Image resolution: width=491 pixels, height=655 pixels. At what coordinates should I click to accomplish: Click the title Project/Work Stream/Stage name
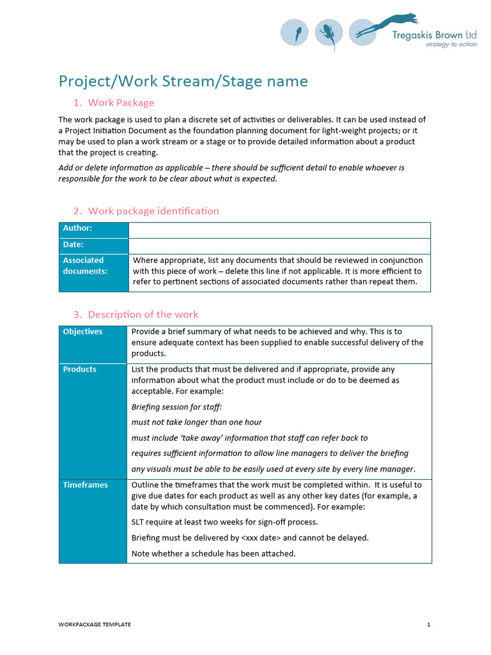click(183, 81)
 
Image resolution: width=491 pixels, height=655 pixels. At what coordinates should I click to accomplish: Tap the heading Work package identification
click(153, 211)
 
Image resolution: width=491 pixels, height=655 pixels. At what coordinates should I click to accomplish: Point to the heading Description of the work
click(143, 315)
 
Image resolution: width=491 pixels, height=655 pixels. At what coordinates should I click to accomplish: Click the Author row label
click(77, 228)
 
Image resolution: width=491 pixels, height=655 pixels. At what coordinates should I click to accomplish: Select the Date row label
click(74, 244)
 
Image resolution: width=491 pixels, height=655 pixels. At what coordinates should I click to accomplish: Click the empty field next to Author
click(279, 230)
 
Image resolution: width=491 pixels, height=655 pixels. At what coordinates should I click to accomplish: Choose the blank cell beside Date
click(279, 246)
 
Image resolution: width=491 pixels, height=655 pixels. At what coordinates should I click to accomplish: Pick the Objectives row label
click(82, 332)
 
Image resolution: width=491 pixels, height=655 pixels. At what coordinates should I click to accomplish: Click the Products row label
click(80, 370)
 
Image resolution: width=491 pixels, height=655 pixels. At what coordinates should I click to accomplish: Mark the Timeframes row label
click(85, 485)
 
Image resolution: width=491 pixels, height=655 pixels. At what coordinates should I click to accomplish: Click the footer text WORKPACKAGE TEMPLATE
click(95, 625)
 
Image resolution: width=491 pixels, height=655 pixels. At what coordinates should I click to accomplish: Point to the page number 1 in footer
click(429, 625)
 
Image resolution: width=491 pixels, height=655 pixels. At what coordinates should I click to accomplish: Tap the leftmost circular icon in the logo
click(295, 32)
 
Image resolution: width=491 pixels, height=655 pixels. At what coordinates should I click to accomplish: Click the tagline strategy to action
click(451, 45)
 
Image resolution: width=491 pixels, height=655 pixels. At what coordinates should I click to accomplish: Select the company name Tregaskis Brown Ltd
click(434, 35)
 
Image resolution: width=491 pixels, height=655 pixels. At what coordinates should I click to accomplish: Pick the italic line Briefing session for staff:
click(176, 407)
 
